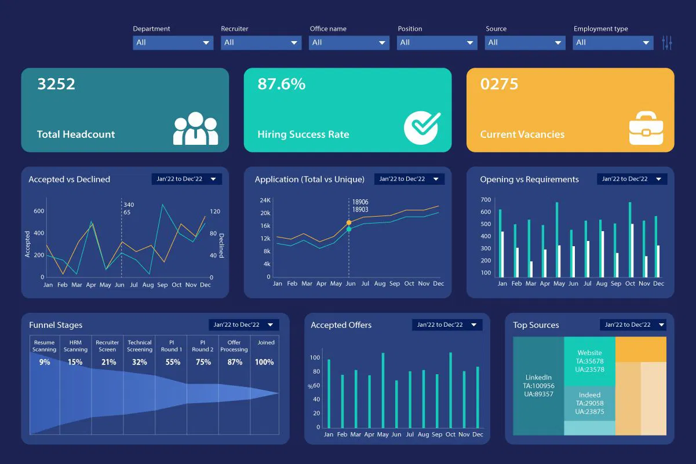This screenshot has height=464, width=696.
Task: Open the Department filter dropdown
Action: click(x=173, y=42)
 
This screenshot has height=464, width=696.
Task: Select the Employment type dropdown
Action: click(x=613, y=42)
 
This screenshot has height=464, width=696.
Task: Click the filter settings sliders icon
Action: click(x=666, y=42)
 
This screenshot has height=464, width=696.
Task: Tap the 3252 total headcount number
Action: click(x=56, y=84)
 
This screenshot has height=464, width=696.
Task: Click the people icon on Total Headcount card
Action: click(x=195, y=129)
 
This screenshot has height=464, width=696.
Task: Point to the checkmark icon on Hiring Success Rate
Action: click(x=422, y=127)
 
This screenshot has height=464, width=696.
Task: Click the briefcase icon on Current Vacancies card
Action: click(x=645, y=128)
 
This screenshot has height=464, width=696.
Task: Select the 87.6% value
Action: click(x=281, y=84)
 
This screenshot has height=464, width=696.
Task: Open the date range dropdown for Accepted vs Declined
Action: click(x=187, y=179)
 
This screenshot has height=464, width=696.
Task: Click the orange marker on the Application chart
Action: click(x=349, y=222)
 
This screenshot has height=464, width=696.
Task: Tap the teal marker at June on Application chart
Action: click(x=349, y=229)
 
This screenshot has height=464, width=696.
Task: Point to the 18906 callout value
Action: click(x=360, y=202)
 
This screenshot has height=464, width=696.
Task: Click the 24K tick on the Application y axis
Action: click(x=265, y=200)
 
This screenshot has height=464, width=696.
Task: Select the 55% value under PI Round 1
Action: click(x=172, y=362)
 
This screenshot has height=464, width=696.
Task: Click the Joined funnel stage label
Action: click(x=266, y=342)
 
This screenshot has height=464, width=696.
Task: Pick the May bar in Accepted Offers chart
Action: click(x=382, y=390)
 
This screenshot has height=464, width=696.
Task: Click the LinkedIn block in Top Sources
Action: click(x=538, y=385)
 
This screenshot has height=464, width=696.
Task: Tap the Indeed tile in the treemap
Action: click(x=589, y=403)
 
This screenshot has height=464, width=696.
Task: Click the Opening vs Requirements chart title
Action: click(x=529, y=180)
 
